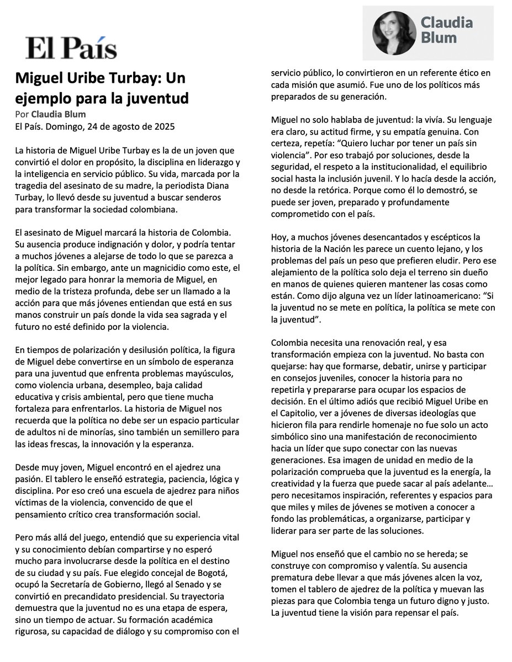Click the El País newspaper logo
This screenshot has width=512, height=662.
tap(71, 48)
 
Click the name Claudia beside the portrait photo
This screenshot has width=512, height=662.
tap(447, 23)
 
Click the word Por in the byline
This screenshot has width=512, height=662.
tap(22, 115)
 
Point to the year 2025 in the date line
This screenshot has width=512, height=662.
tap(164, 126)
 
